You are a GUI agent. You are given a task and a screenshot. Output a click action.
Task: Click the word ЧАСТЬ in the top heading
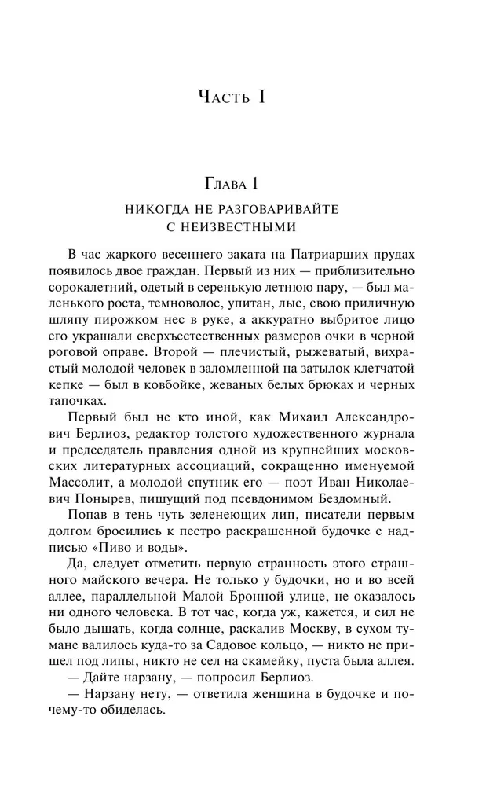228,97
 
